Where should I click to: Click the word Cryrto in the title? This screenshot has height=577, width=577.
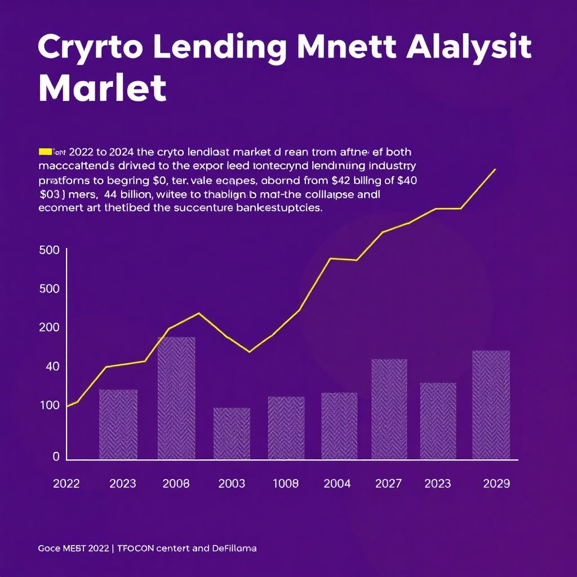90,47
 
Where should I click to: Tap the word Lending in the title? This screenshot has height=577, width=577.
226,47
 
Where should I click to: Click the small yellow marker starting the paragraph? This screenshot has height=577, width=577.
45,152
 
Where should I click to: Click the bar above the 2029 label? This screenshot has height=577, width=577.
491,404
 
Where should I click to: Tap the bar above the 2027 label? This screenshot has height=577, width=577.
389,409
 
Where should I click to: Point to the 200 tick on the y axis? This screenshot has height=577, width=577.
50,327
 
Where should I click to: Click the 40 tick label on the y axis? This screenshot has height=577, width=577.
52,367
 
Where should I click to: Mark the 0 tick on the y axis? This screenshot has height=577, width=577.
56,457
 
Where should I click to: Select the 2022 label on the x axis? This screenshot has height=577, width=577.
66,483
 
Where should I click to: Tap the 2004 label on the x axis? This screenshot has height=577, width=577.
337,483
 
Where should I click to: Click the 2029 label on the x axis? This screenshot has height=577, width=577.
496,483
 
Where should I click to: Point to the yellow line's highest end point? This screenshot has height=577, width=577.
495,169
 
